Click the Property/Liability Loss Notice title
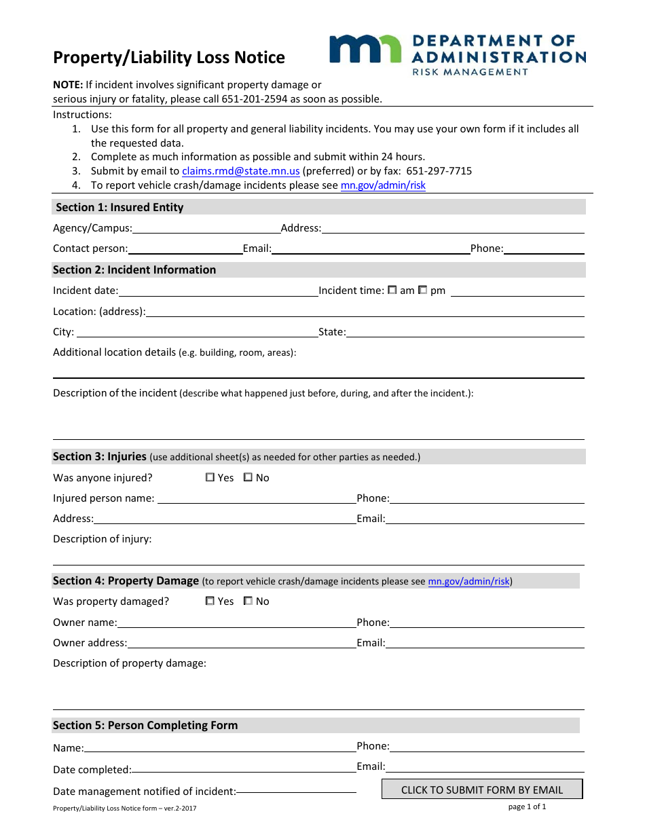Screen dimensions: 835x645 click(169, 58)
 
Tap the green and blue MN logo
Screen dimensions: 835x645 click(365, 50)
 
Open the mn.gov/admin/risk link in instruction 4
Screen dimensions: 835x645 click(383, 185)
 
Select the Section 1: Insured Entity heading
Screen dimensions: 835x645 click(119, 207)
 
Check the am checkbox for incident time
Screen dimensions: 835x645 click(392, 290)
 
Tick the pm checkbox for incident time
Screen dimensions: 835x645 click(422, 290)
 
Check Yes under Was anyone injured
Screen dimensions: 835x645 click(210, 477)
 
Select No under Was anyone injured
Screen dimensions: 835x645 click(248, 477)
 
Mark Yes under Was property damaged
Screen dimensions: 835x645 click(210, 601)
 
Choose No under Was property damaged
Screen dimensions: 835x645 click(248, 601)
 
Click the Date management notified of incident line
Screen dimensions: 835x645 click(296, 792)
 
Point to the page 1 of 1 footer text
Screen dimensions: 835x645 click(527, 806)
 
